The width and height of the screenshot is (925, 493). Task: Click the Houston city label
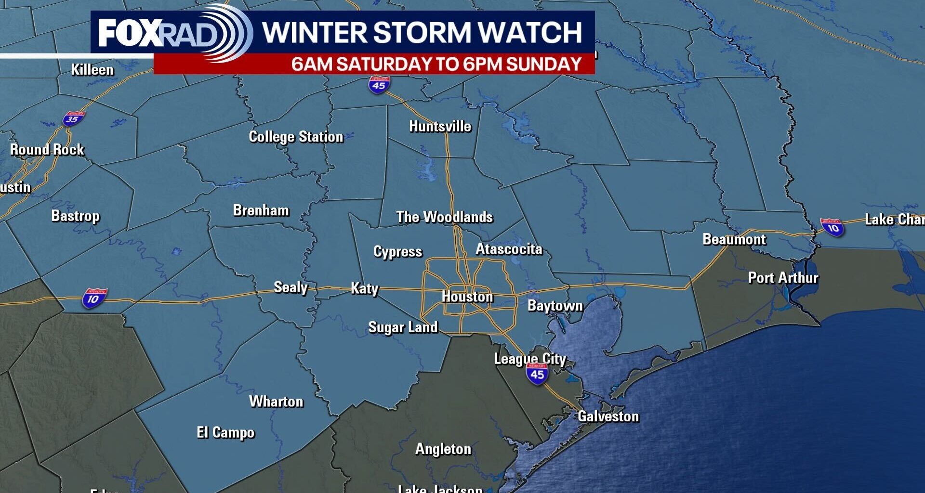click(467, 297)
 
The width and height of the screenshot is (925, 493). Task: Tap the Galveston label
click(608, 416)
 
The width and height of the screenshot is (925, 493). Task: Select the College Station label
click(296, 137)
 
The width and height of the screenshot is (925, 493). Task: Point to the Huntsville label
click(440, 127)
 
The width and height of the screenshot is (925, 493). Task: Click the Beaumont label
click(734, 239)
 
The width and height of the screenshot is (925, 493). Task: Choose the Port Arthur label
click(783, 278)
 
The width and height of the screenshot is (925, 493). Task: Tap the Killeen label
click(92, 70)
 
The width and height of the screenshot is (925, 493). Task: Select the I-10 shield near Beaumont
click(832, 227)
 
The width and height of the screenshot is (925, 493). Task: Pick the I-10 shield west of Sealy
click(94, 298)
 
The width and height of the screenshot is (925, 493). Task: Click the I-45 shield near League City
click(537, 373)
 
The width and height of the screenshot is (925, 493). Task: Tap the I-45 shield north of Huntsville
click(379, 84)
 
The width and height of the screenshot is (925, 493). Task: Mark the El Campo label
click(225, 432)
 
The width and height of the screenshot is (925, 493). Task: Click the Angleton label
click(443, 449)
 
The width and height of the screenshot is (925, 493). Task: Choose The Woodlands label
click(444, 217)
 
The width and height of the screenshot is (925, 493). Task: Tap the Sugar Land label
click(403, 327)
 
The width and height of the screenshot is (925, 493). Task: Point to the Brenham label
click(261, 210)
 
